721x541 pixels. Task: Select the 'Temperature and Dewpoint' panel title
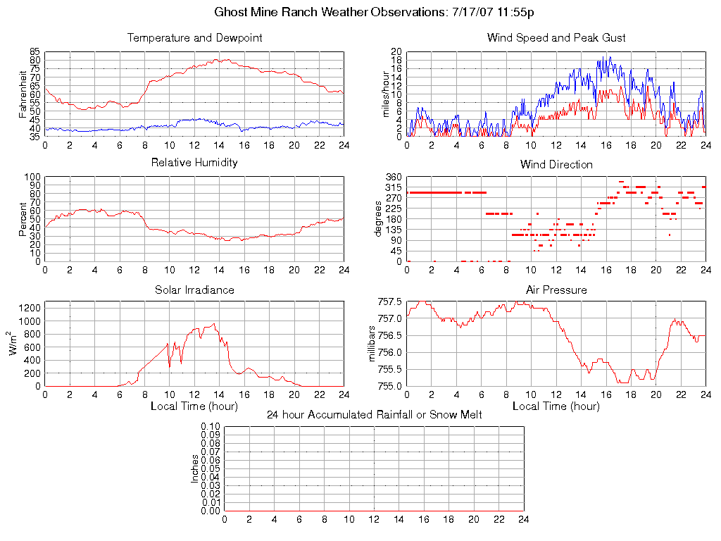point(194,38)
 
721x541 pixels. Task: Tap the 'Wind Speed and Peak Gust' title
point(556,38)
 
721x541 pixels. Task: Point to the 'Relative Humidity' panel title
point(194,163)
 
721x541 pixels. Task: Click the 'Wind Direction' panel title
point(556,165)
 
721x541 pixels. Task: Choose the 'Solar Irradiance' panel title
point(194,290)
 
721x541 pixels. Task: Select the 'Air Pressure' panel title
point(556,290)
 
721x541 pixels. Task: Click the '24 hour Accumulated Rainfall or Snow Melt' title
point(374,415)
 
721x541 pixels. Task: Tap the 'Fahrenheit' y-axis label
point(23,94)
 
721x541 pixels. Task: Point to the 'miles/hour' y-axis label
point(385,94)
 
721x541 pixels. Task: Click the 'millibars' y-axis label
point(374,344)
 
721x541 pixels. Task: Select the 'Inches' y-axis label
point(195,468)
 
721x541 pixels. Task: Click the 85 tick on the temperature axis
point(35,52)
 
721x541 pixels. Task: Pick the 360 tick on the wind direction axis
point(394,177)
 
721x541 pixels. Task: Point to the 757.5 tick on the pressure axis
point(390,301)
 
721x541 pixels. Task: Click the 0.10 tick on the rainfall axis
point(211,427)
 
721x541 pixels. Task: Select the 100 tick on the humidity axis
point(32,177)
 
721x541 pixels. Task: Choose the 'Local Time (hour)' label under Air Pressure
point(556,406)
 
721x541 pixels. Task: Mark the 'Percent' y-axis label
point(23,219)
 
